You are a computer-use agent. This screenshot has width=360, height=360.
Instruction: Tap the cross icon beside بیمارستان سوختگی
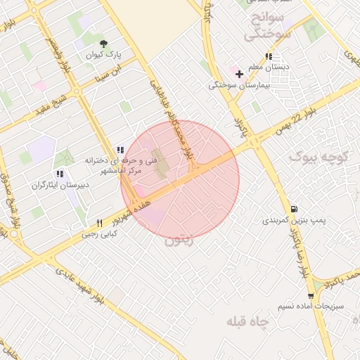pyautogui.click(x=239, y=73)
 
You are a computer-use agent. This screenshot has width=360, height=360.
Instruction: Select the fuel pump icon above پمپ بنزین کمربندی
pyautogui.click(x=293, y=208)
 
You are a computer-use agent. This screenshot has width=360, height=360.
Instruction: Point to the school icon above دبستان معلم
pyautogui.click(x=269, y=56)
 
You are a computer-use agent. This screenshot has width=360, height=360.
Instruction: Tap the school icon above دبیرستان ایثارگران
pyautogui.click(x=59, y=174)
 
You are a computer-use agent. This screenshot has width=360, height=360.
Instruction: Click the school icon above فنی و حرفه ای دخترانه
pyautogui.click(x=121, y=149)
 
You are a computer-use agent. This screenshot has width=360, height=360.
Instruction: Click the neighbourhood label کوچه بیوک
pyautogui.click(x=319, y=155)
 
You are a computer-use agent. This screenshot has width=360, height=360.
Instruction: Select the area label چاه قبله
pyautogui.click(x=248, y=321)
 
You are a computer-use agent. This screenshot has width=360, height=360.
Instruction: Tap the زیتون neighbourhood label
pyautogui.click(x=179, y=240)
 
